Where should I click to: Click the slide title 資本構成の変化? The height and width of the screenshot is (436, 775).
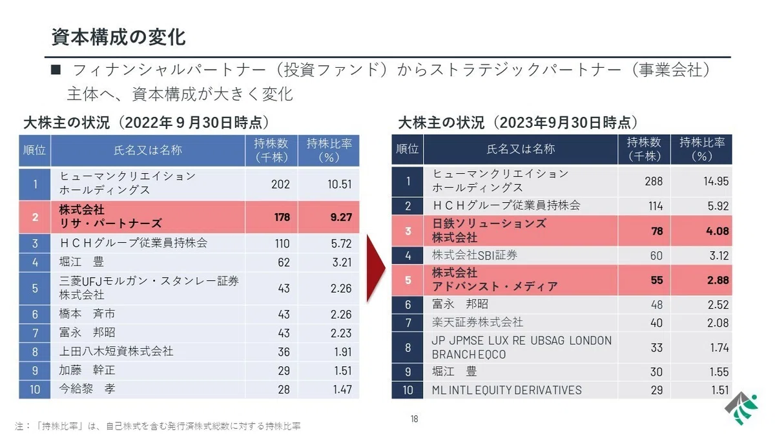tap(118, 37)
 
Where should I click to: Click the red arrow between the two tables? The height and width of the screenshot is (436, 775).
tap(376, 269)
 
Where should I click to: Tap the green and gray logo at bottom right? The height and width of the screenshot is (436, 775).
tap(741, 408)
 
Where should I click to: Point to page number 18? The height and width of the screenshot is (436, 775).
tap(414, 419)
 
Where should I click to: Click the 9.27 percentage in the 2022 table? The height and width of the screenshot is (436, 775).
tap(341, 217)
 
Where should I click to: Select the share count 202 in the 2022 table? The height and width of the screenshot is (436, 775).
tap(280, 184)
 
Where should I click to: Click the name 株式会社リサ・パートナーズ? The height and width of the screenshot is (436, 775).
tap(110, 216)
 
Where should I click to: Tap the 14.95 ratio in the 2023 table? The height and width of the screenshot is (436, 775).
tap(716, 181)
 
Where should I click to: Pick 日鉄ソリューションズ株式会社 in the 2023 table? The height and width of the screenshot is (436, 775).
tap(489, 231)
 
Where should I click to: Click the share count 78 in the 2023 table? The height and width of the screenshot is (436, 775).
tap(657, 231)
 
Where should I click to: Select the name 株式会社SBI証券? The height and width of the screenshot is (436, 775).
tap(474, 255)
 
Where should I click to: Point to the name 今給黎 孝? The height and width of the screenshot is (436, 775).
tap(87, 389)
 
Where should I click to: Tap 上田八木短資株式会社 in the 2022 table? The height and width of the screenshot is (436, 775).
tap(116, 351)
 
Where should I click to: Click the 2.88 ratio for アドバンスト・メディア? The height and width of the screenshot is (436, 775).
tap(718, 280)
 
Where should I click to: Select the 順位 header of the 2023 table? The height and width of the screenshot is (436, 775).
tap(408, 149)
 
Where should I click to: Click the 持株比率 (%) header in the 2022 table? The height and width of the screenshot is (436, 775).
tap(329, 151)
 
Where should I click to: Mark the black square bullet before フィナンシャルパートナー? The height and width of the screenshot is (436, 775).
tap(56, 70)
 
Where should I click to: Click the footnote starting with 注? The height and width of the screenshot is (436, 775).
tap(158, 426)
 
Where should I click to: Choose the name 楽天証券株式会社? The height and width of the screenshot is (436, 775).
tap(477, 322)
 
